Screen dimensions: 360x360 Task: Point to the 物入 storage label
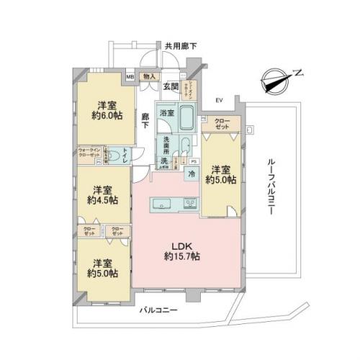click(x=150, y=75)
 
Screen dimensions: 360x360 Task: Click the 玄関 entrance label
click(x=170, y=87)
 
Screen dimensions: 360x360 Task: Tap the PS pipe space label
click(x=194, y=161)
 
